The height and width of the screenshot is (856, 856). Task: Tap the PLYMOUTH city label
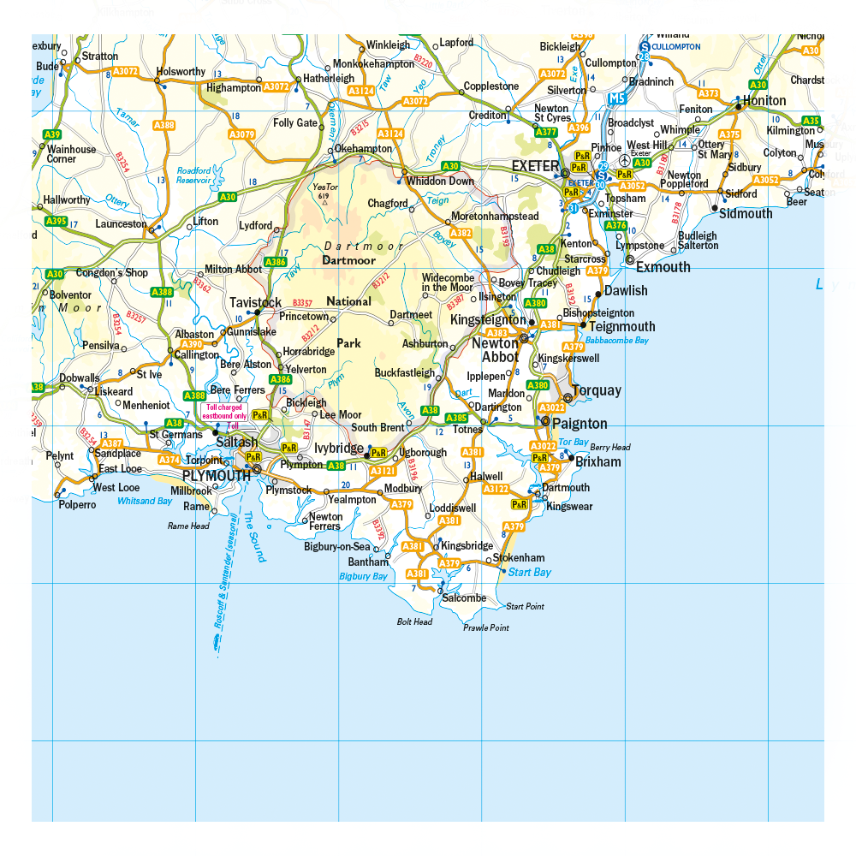pyautogui.click(x=217, y=476)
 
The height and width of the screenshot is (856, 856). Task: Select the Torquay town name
pyautogui.click(x=597, y=391)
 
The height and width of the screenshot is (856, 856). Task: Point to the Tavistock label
pyautogui.click(x=255, y=303)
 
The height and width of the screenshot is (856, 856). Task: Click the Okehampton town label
pyautogui.click(x=363, y=148)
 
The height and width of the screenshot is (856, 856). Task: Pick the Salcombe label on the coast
pyautogui.click(x=464, y=598)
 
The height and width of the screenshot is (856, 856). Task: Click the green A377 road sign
pyautogui.click(x=546, y=133)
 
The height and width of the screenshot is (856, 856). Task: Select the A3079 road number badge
pyautogui.click(x=242, y=134)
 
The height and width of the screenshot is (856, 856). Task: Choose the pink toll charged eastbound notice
pyautogui.click(x=224, y=411)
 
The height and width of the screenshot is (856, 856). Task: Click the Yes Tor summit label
pyautogui.click(x=322, y=191)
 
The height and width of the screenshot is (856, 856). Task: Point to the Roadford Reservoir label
pyautogui.click(x=194, y=175)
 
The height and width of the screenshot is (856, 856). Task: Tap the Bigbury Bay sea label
pyautogui.click(x=364, y=577)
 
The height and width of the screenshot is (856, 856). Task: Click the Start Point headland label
pyautogui.click(x=525, y=607)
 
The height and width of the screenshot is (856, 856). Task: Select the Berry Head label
pyautogui.click(x=609, y=447)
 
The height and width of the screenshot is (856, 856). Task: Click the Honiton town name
pyautogui.click(x=764, y=100)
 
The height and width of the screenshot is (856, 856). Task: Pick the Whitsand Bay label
pyautogui.click(x=145, y=502)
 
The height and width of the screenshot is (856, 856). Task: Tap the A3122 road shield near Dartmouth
pyautogui.click(x=496, y=489)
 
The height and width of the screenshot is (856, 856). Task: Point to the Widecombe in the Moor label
pyautogui.click(x=447, y=282)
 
